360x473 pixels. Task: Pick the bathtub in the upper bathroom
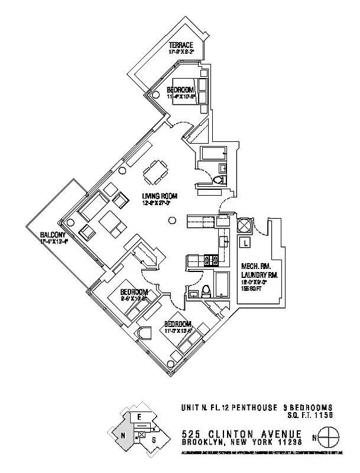point(212,154)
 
